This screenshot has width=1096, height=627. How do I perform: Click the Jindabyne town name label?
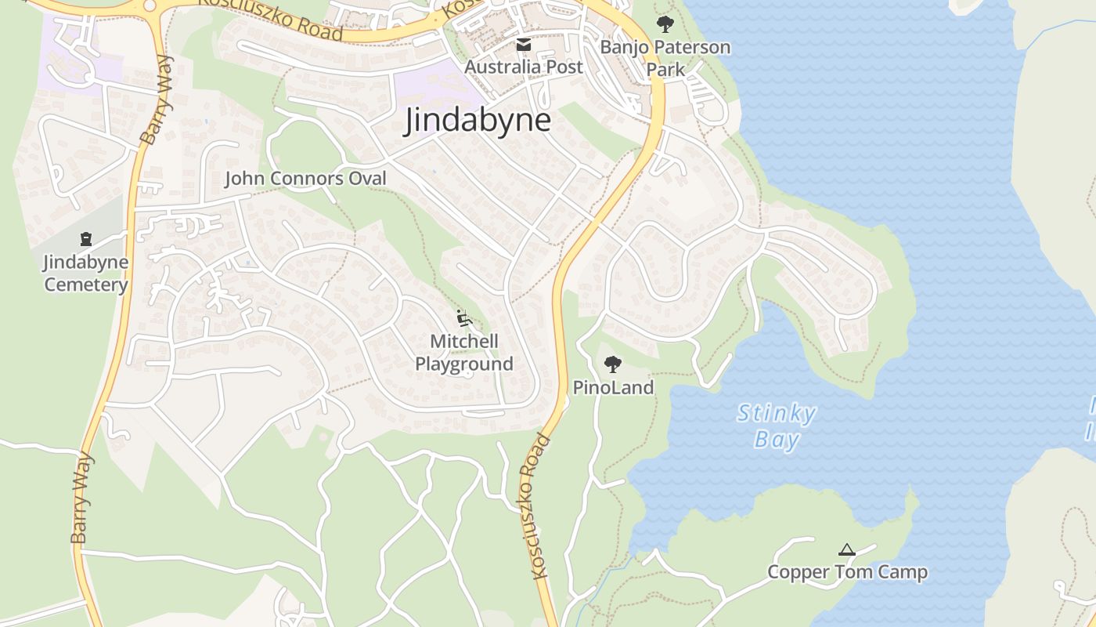[478, 121]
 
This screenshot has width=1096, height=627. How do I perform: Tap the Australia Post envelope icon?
[524, 45]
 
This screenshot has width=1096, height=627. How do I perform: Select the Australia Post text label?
[524, 67]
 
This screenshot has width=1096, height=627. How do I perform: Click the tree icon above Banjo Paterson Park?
[665, 24]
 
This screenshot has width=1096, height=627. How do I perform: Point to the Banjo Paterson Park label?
[665, 58]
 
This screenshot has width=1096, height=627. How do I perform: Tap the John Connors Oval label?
[305, 179]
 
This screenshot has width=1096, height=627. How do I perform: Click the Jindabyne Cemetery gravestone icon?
[86, 239]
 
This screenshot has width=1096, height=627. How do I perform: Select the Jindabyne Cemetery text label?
[86, 273]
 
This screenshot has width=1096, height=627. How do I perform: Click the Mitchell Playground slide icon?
[464, 318]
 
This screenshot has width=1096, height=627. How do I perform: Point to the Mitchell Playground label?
[464, 353]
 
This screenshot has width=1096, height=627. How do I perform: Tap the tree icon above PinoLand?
[613, 364]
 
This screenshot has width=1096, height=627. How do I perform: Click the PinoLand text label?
[613, 387]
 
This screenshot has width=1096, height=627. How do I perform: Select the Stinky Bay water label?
[776, 426]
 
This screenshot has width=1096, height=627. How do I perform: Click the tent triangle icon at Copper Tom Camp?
[846, 550]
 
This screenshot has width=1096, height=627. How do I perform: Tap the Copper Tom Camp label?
[847, 572]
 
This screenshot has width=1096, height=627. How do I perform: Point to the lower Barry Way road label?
[81, 498]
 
